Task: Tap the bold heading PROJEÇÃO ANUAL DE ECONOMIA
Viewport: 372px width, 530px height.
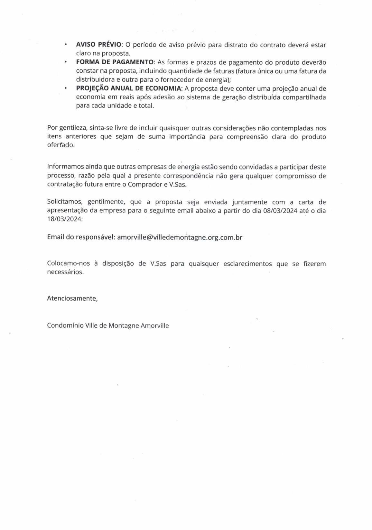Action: (129, 88)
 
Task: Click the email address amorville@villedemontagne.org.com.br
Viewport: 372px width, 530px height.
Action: (180, 237)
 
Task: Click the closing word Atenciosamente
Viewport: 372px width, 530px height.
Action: (72, 298)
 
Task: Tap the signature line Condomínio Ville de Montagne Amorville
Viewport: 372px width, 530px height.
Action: (108, 325)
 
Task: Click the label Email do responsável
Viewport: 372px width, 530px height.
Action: (81, 237)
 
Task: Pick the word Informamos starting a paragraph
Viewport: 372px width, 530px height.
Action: (65, 167)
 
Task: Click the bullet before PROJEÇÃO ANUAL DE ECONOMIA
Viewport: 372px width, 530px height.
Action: (66, 88)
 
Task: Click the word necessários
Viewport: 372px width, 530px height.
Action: (65, 272)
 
